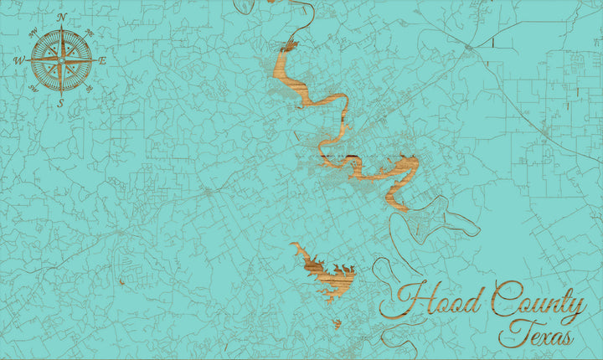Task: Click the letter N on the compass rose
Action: tap(61, 17)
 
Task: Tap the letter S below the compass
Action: tap(60, 103)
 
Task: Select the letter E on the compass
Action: tap(102, 60)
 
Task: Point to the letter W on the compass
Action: tap(19, 60)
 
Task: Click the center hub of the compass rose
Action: tap(61, 59)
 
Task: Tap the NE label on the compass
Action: tap(90, 32)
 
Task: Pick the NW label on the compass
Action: tap(33, 32)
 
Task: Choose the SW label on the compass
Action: tap(33, 87)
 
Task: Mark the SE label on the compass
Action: tap(89, 88)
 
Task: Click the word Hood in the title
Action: tap(432, 300)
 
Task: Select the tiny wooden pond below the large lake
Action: tap(337, 323)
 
